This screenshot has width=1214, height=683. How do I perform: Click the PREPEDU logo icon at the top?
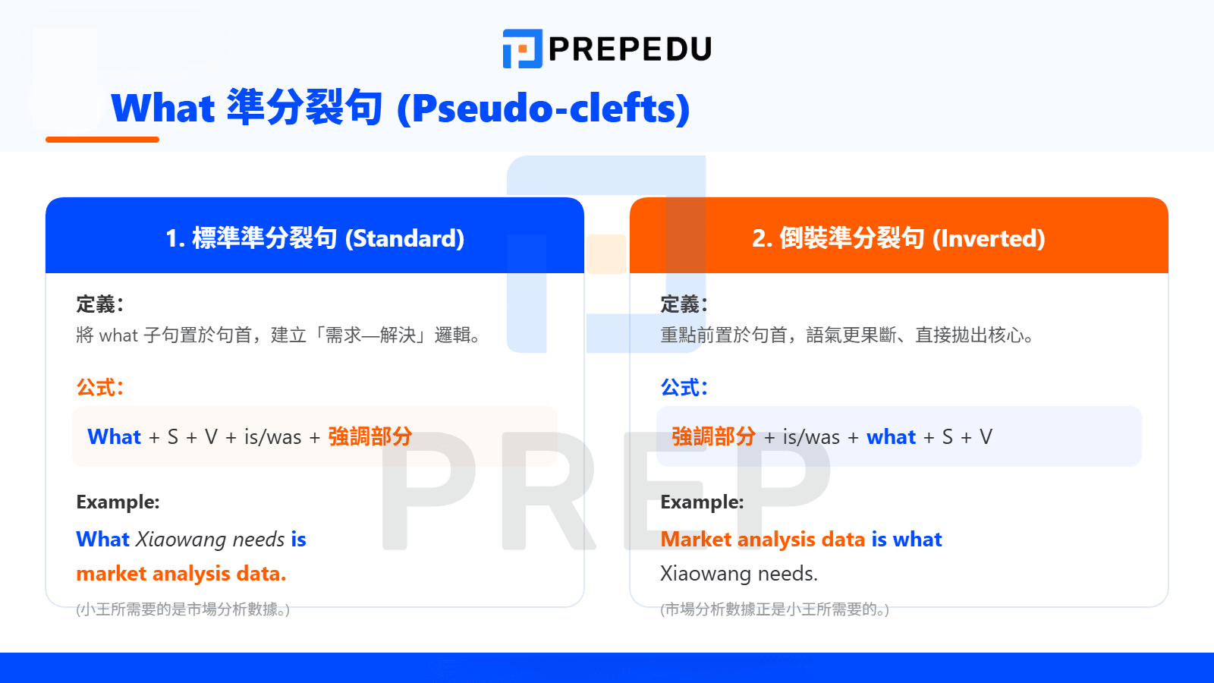[x=523, y=49]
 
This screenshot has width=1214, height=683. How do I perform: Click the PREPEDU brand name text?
[x=630, y=49]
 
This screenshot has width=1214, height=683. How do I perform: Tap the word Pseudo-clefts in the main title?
[x=543, y=108]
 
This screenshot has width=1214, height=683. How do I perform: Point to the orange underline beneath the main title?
[x=102, y=140]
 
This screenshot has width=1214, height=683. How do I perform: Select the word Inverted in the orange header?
[x=989, y=238]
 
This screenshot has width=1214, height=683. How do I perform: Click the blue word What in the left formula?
[x=114, y=436]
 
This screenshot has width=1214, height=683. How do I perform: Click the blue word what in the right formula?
[x=891, y=436]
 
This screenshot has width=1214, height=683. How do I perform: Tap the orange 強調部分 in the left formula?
[x=370, y=436]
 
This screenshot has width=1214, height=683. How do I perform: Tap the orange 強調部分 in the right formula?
[x=713, y=436]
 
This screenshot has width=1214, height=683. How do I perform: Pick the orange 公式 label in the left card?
[x=99, y=388]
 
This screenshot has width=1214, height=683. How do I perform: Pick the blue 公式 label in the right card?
[x=684, y=388]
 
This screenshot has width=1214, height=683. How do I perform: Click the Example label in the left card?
[x=118, y=502]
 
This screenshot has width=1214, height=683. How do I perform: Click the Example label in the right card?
[x=702, y=502]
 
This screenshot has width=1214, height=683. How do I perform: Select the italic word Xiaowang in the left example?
[x=181, y=540]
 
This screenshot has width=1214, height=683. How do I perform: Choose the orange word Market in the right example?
[x=696, y=540]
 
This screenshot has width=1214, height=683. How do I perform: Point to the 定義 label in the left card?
[x=99, y=304]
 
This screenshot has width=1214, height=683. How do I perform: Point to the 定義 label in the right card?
[x=684, y=304]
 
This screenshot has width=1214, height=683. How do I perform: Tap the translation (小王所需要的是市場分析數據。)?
[x=183, y=609]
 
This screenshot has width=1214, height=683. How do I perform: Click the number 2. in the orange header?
[x=762, y=238]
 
